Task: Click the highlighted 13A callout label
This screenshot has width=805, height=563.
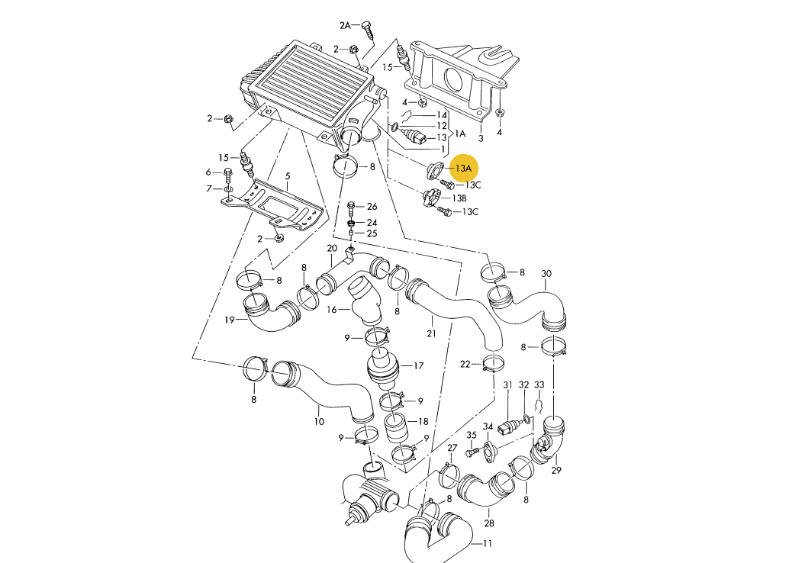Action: click(x=464, y=167)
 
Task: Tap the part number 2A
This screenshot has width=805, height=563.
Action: click(x=345, y=25)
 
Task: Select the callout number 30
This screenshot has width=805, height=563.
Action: click(x=546, y=274)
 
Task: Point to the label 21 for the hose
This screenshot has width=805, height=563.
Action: click(x=432, y=333)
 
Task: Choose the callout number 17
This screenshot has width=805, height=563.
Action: click(x=418, y=365)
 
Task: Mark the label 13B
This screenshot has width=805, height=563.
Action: click(x=459, y=198)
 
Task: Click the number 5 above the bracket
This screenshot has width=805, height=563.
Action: click(x=288, y=175)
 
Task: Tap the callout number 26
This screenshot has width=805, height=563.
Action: click(x=372, y=207)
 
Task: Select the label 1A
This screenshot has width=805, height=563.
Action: click(x=460, y=134)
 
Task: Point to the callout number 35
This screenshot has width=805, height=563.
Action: click(x=472, y=435)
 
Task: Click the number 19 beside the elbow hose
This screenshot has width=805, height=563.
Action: click(x=229, y=320)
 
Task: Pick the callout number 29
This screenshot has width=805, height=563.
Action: click(x=556, y=470)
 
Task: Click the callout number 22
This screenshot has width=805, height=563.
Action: click(x=465, y=364)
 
